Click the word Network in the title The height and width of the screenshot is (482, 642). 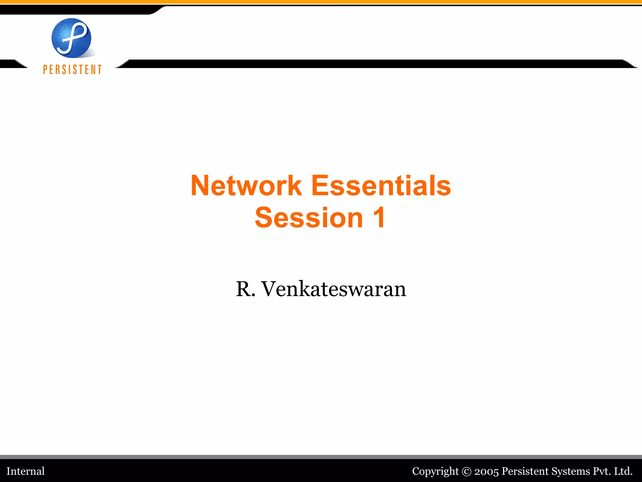coord(246,186)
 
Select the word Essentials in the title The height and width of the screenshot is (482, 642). coord(381,186)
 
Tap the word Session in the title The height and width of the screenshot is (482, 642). coord(309,218)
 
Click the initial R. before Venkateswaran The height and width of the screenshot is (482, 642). coord(245,289)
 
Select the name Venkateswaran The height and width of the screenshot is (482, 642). coord(334,289)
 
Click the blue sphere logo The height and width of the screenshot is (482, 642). coord(71,38)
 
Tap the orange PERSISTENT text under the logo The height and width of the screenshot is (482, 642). coord(72,70)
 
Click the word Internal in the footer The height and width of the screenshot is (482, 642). coord(26,471)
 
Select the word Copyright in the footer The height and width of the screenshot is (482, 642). coord(435,471)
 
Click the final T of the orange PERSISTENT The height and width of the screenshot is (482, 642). coord(100,70)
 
